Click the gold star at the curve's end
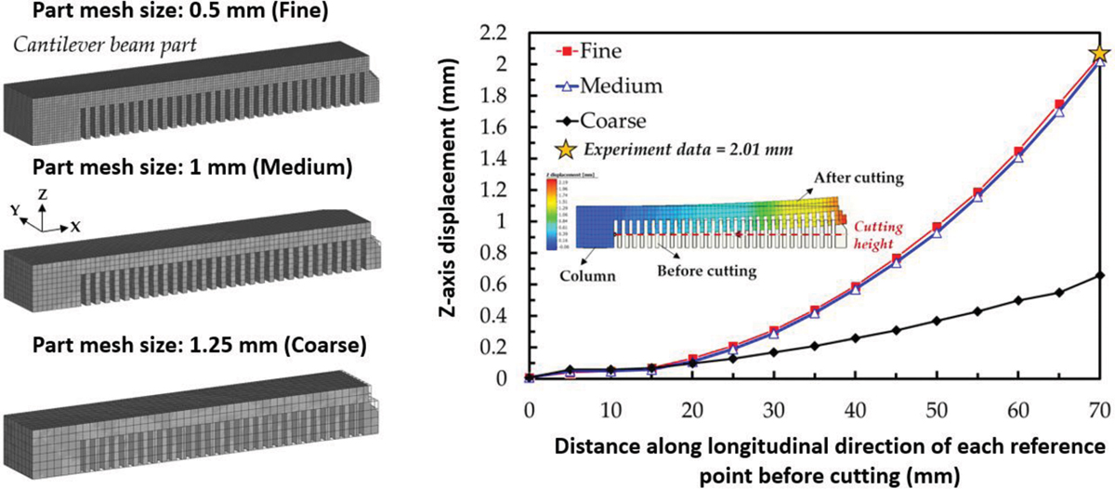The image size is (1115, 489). pos(1100,55)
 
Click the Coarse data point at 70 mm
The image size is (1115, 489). pos(1100,275)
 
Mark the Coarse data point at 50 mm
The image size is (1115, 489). pos(937,321)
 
